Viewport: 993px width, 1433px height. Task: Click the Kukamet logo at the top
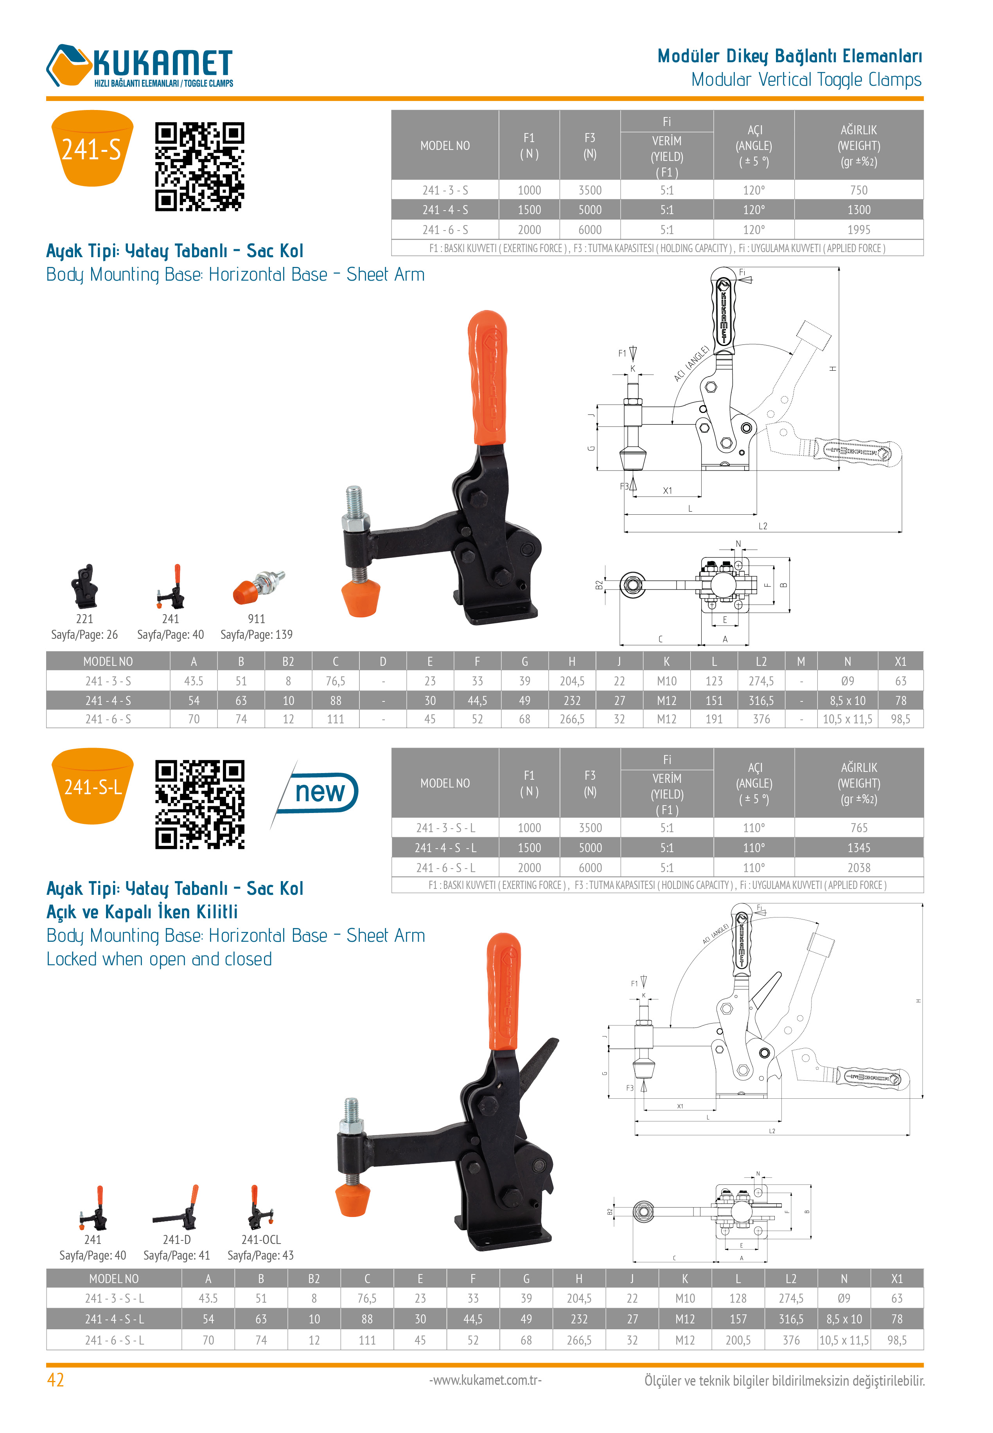pos(140,66)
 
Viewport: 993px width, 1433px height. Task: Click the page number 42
pos(56,1380)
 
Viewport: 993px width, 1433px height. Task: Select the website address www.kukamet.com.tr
pos(485,1380)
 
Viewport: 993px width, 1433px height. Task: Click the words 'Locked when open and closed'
pos(159,959)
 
